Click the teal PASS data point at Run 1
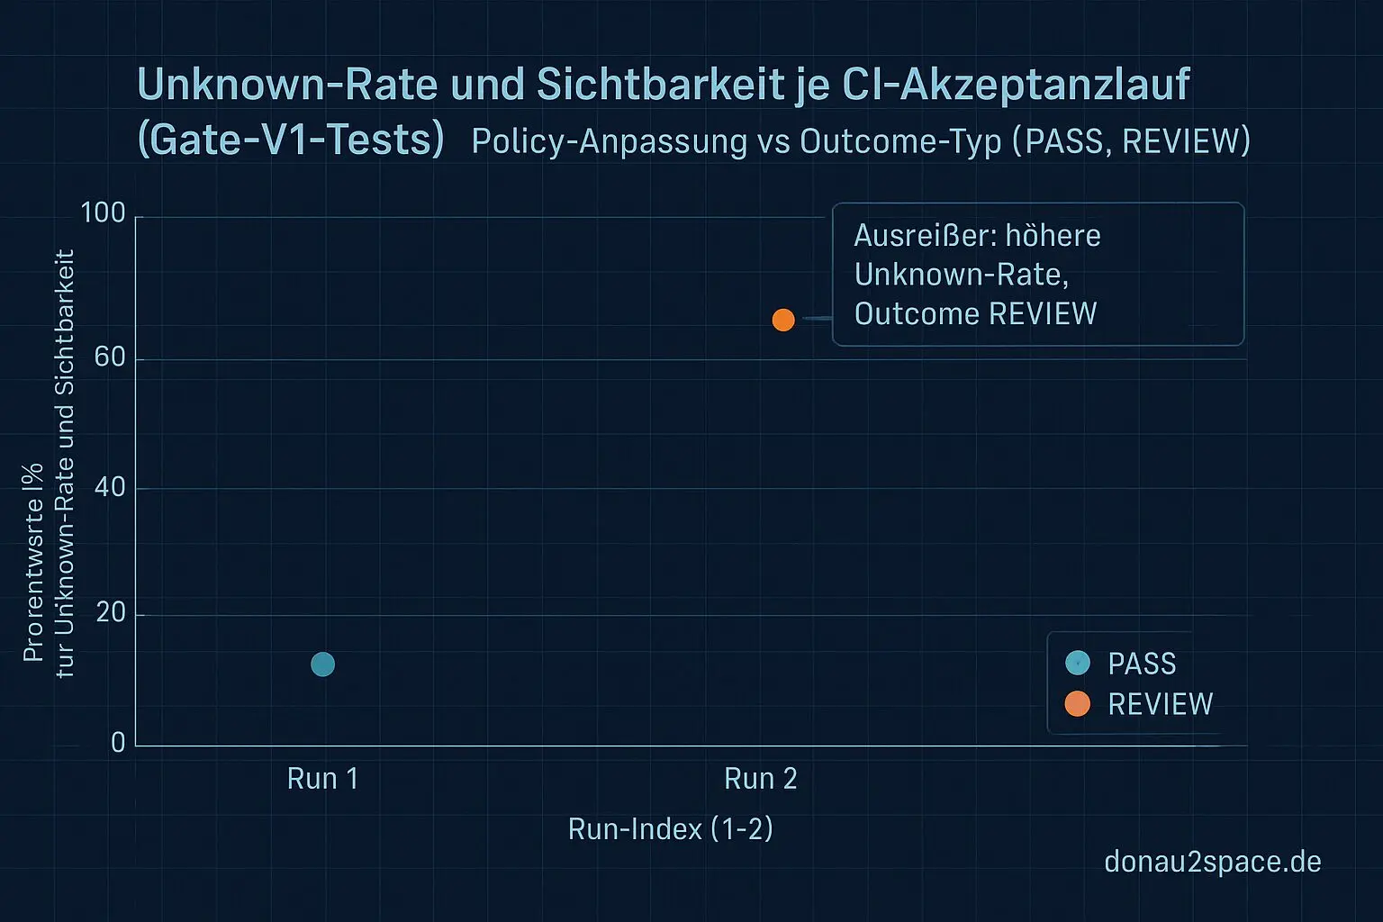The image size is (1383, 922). (x=322, y=664)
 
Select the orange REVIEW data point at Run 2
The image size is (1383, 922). (x=783, y=320)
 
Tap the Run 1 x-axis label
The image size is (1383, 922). (x=322, y=779)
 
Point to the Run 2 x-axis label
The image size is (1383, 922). (x=761, y=779)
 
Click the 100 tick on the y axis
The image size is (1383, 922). (x=103, y=213)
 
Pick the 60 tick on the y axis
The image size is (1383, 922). (x=109, y=357)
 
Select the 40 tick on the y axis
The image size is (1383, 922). (x=109, y=487)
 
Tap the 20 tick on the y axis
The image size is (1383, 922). (x=109, y=613)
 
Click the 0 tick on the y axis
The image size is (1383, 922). (x=118, y=743)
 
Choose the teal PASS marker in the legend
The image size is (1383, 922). (x=1078, y=664)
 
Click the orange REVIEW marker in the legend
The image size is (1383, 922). (x=1078, y=704)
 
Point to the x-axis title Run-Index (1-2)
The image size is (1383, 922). (x=671, y=828)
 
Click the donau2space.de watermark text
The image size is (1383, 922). (x=1213, y=862)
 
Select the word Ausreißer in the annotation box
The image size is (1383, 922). (x=924, y=236)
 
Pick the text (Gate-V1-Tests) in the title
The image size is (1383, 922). (x=291, y=140)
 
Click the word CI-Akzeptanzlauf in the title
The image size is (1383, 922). (x=1017, y=85)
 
